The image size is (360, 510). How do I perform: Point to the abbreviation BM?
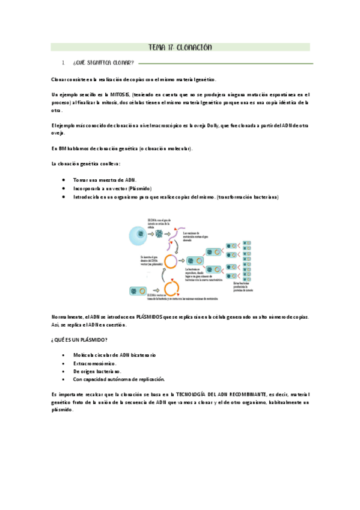coord(63,149)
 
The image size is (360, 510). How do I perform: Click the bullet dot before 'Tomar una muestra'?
coord(64,180)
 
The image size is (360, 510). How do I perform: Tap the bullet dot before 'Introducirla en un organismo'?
coord(64,197)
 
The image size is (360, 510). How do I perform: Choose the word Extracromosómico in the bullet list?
coord(94,364)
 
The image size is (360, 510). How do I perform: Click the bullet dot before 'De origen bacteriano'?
coord(64,372)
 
